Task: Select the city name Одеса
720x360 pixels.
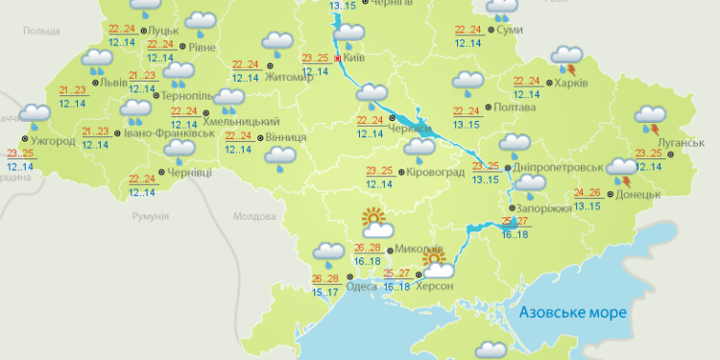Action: [x=362, y=285]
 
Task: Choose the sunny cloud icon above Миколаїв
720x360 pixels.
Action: [x=375, y=224]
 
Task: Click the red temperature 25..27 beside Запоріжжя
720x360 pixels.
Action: [x=516, y=222]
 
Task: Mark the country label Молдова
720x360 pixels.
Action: [x=252, y=217]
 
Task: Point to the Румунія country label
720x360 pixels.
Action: [x=153, y=218]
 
